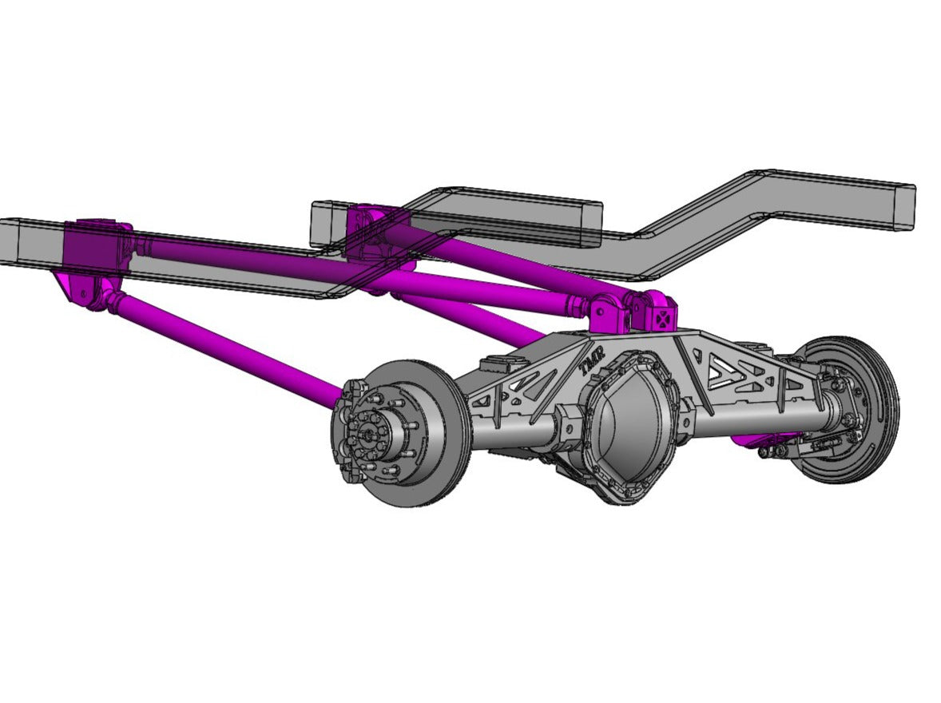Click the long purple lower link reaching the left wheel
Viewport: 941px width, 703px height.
point(224,348)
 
